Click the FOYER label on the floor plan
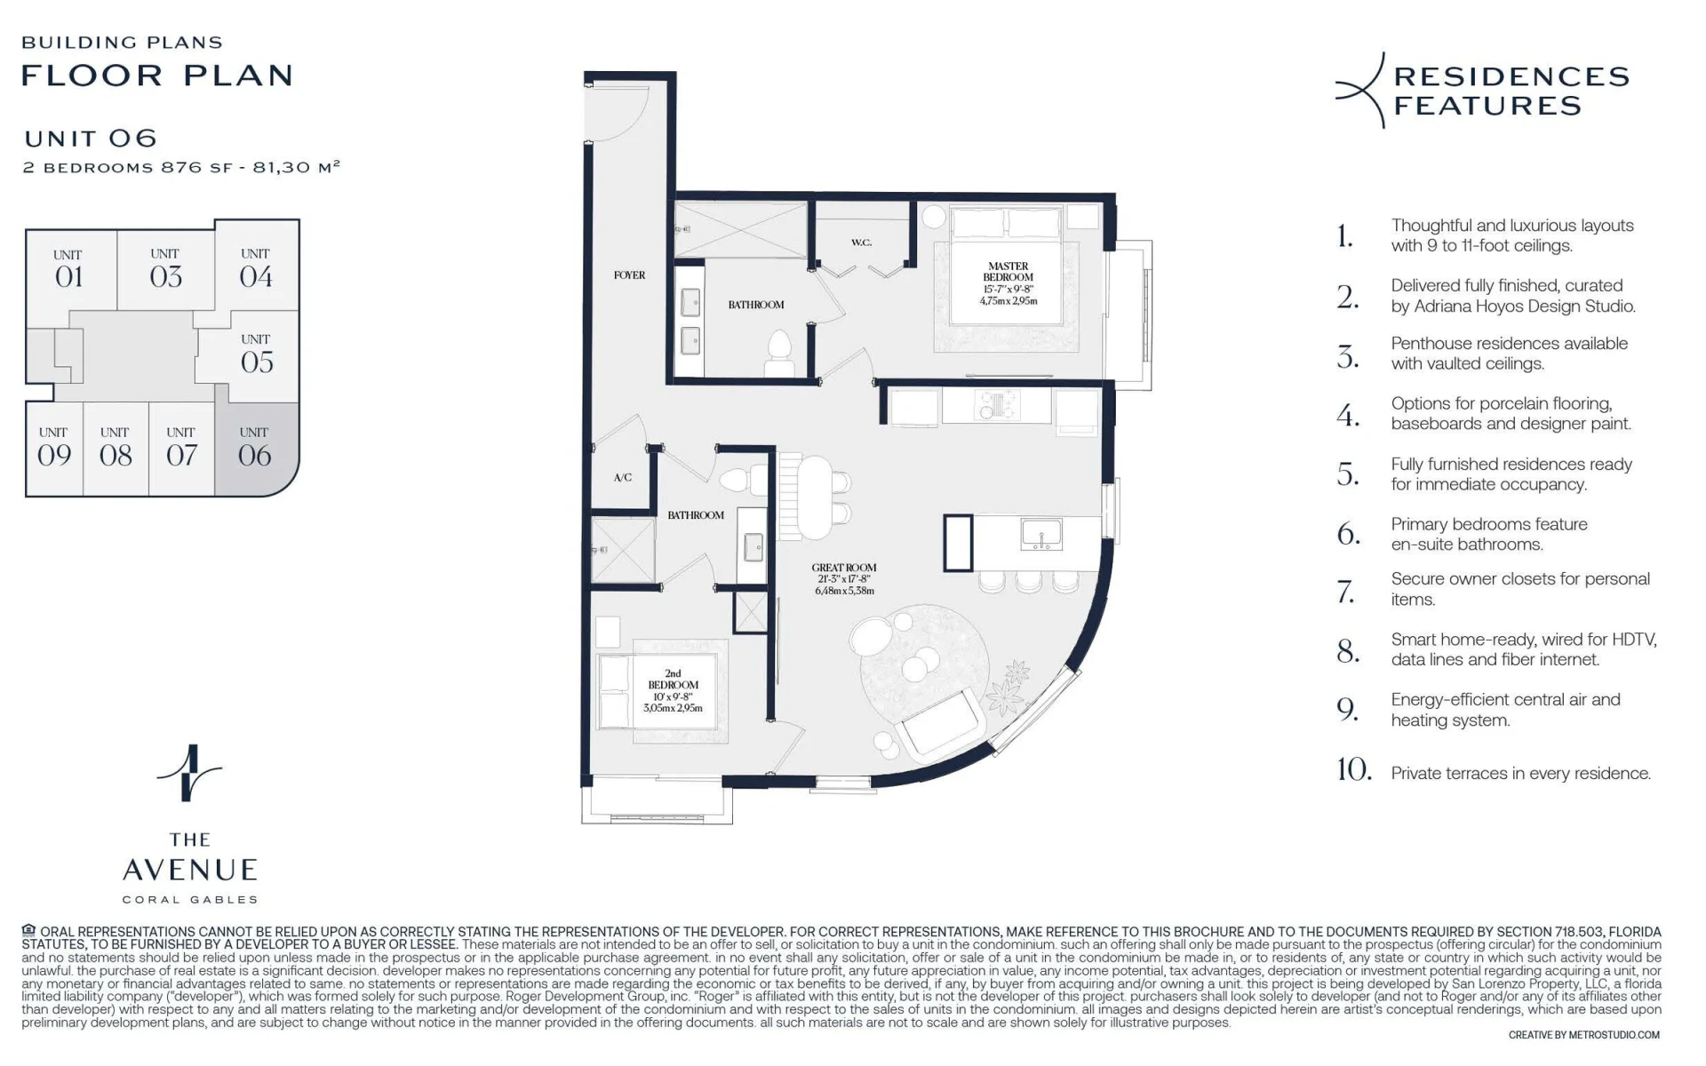[629, 275]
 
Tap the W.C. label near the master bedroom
[861, 243]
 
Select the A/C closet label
[623, 478]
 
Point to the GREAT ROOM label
[844, 568]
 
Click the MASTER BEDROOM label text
[1008, 271]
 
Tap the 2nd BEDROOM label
[673, 680]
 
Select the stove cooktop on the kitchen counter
[997, 405]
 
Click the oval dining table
[815, 497]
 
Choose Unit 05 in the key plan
[256, 354]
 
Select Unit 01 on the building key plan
[68, 269]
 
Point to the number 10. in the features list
[1354, 769]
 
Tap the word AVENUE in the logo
[190, 870]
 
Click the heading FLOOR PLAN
[157, 76]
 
